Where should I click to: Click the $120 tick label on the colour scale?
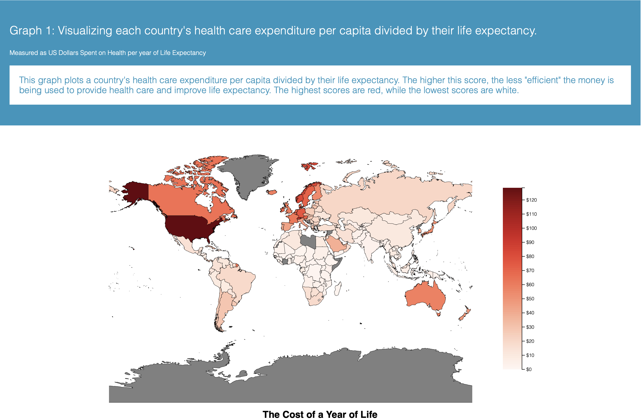click(531, 200)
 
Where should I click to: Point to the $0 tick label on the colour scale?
click(529, 369)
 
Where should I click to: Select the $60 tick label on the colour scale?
click(530, 285)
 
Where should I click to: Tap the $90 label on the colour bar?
click(530, 242)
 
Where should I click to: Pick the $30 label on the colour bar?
click(530, 327)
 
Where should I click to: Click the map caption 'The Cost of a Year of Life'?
click(320, 414)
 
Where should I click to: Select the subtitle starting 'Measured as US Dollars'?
click(108, 53)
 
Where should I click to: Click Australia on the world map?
click(424, 296)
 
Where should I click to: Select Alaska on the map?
click(135, 191)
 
